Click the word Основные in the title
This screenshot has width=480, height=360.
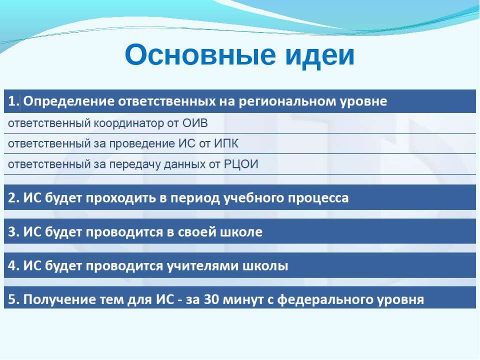click(x=200, y=55)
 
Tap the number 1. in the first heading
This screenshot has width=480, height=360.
click(x=14, y=101)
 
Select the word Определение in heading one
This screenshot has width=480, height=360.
click(x=69, y=101)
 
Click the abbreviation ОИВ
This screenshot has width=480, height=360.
click(x=195, y=123)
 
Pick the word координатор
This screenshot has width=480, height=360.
click(x=129, y=123)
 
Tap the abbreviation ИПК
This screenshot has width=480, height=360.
click(x=226, y=144)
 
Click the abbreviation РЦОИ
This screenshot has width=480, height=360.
click(x=241, y=164)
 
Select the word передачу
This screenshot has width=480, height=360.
click(x=134, y=164)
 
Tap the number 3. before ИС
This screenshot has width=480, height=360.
click(x=14, y=231)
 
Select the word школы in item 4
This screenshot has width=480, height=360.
click(x=265, y=266)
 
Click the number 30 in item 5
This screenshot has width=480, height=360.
click(x=211, y=299)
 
